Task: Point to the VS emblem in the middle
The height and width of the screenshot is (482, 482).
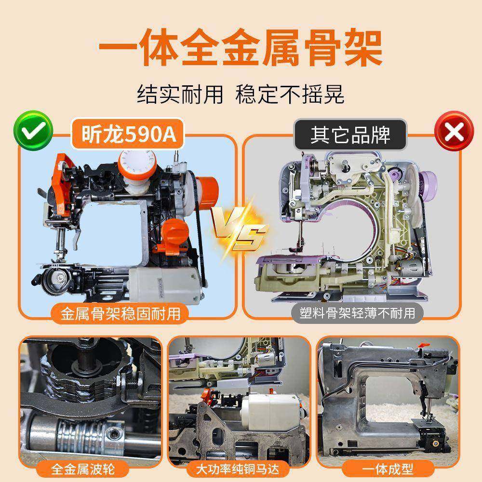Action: point(240,230)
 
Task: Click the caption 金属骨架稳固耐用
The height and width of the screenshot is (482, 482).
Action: point(120,314)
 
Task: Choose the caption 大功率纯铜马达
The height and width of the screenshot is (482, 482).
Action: point(239,468)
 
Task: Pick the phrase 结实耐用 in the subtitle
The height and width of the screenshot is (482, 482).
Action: point(180,94)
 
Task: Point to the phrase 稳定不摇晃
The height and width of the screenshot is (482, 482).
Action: point(290,94)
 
